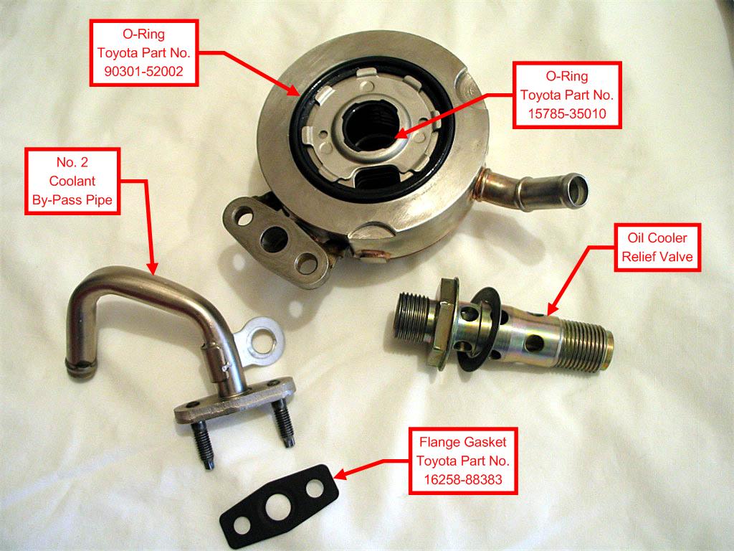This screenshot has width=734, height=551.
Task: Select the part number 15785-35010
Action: point(566,113)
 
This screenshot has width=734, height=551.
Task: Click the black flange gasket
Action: point(280,499)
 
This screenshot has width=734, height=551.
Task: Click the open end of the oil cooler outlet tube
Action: point(575,192)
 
